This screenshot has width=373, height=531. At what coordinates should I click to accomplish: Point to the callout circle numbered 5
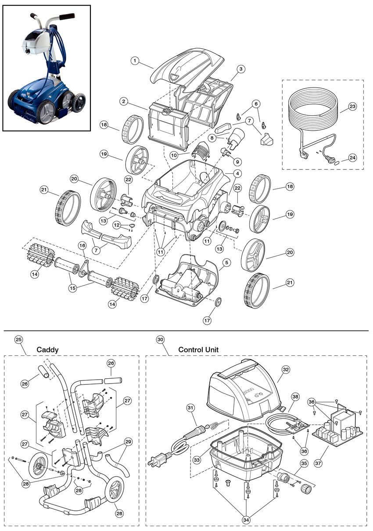[226, 263]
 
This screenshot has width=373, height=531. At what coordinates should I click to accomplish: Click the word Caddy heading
[47, 350]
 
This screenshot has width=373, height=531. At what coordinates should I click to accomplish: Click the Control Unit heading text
[198, 350]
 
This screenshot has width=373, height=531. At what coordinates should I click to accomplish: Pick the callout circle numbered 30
[160, 339]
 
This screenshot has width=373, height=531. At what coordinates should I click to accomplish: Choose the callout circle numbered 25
[18, 339]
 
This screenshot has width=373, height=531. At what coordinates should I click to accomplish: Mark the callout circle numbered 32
[286, 370]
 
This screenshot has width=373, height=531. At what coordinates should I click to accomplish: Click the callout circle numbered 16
[82, 245]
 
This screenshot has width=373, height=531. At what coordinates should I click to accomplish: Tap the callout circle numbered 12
[117, 225]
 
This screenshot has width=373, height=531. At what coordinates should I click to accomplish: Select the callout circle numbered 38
[295, 396]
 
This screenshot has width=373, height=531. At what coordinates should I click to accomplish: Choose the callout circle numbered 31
[190, 408]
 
